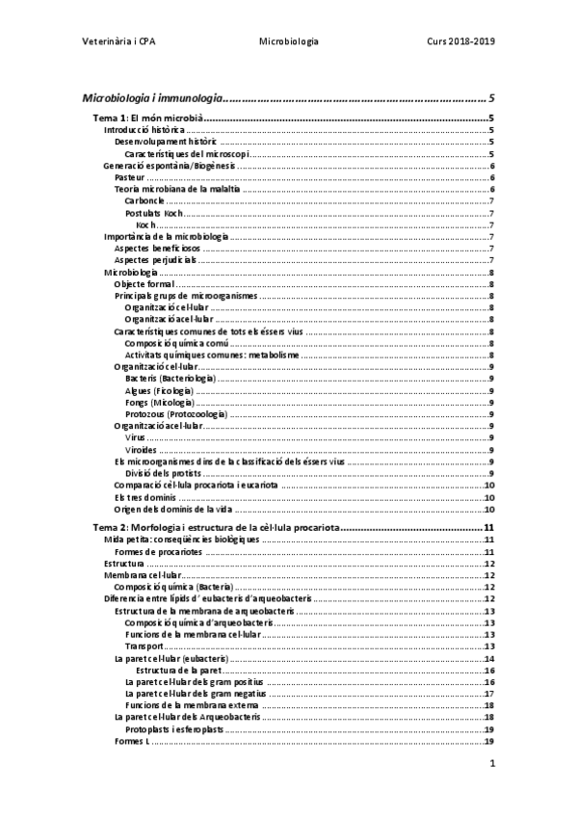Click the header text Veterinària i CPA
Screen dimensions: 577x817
120,42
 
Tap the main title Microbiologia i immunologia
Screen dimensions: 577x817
153,97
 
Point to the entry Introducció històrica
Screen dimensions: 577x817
144,130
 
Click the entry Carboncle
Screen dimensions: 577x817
144,200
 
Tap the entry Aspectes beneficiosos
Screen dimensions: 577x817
157,248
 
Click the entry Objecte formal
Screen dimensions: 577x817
144,284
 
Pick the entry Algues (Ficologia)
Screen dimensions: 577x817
158,390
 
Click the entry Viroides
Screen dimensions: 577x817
141,449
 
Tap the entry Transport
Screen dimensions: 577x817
144,646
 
